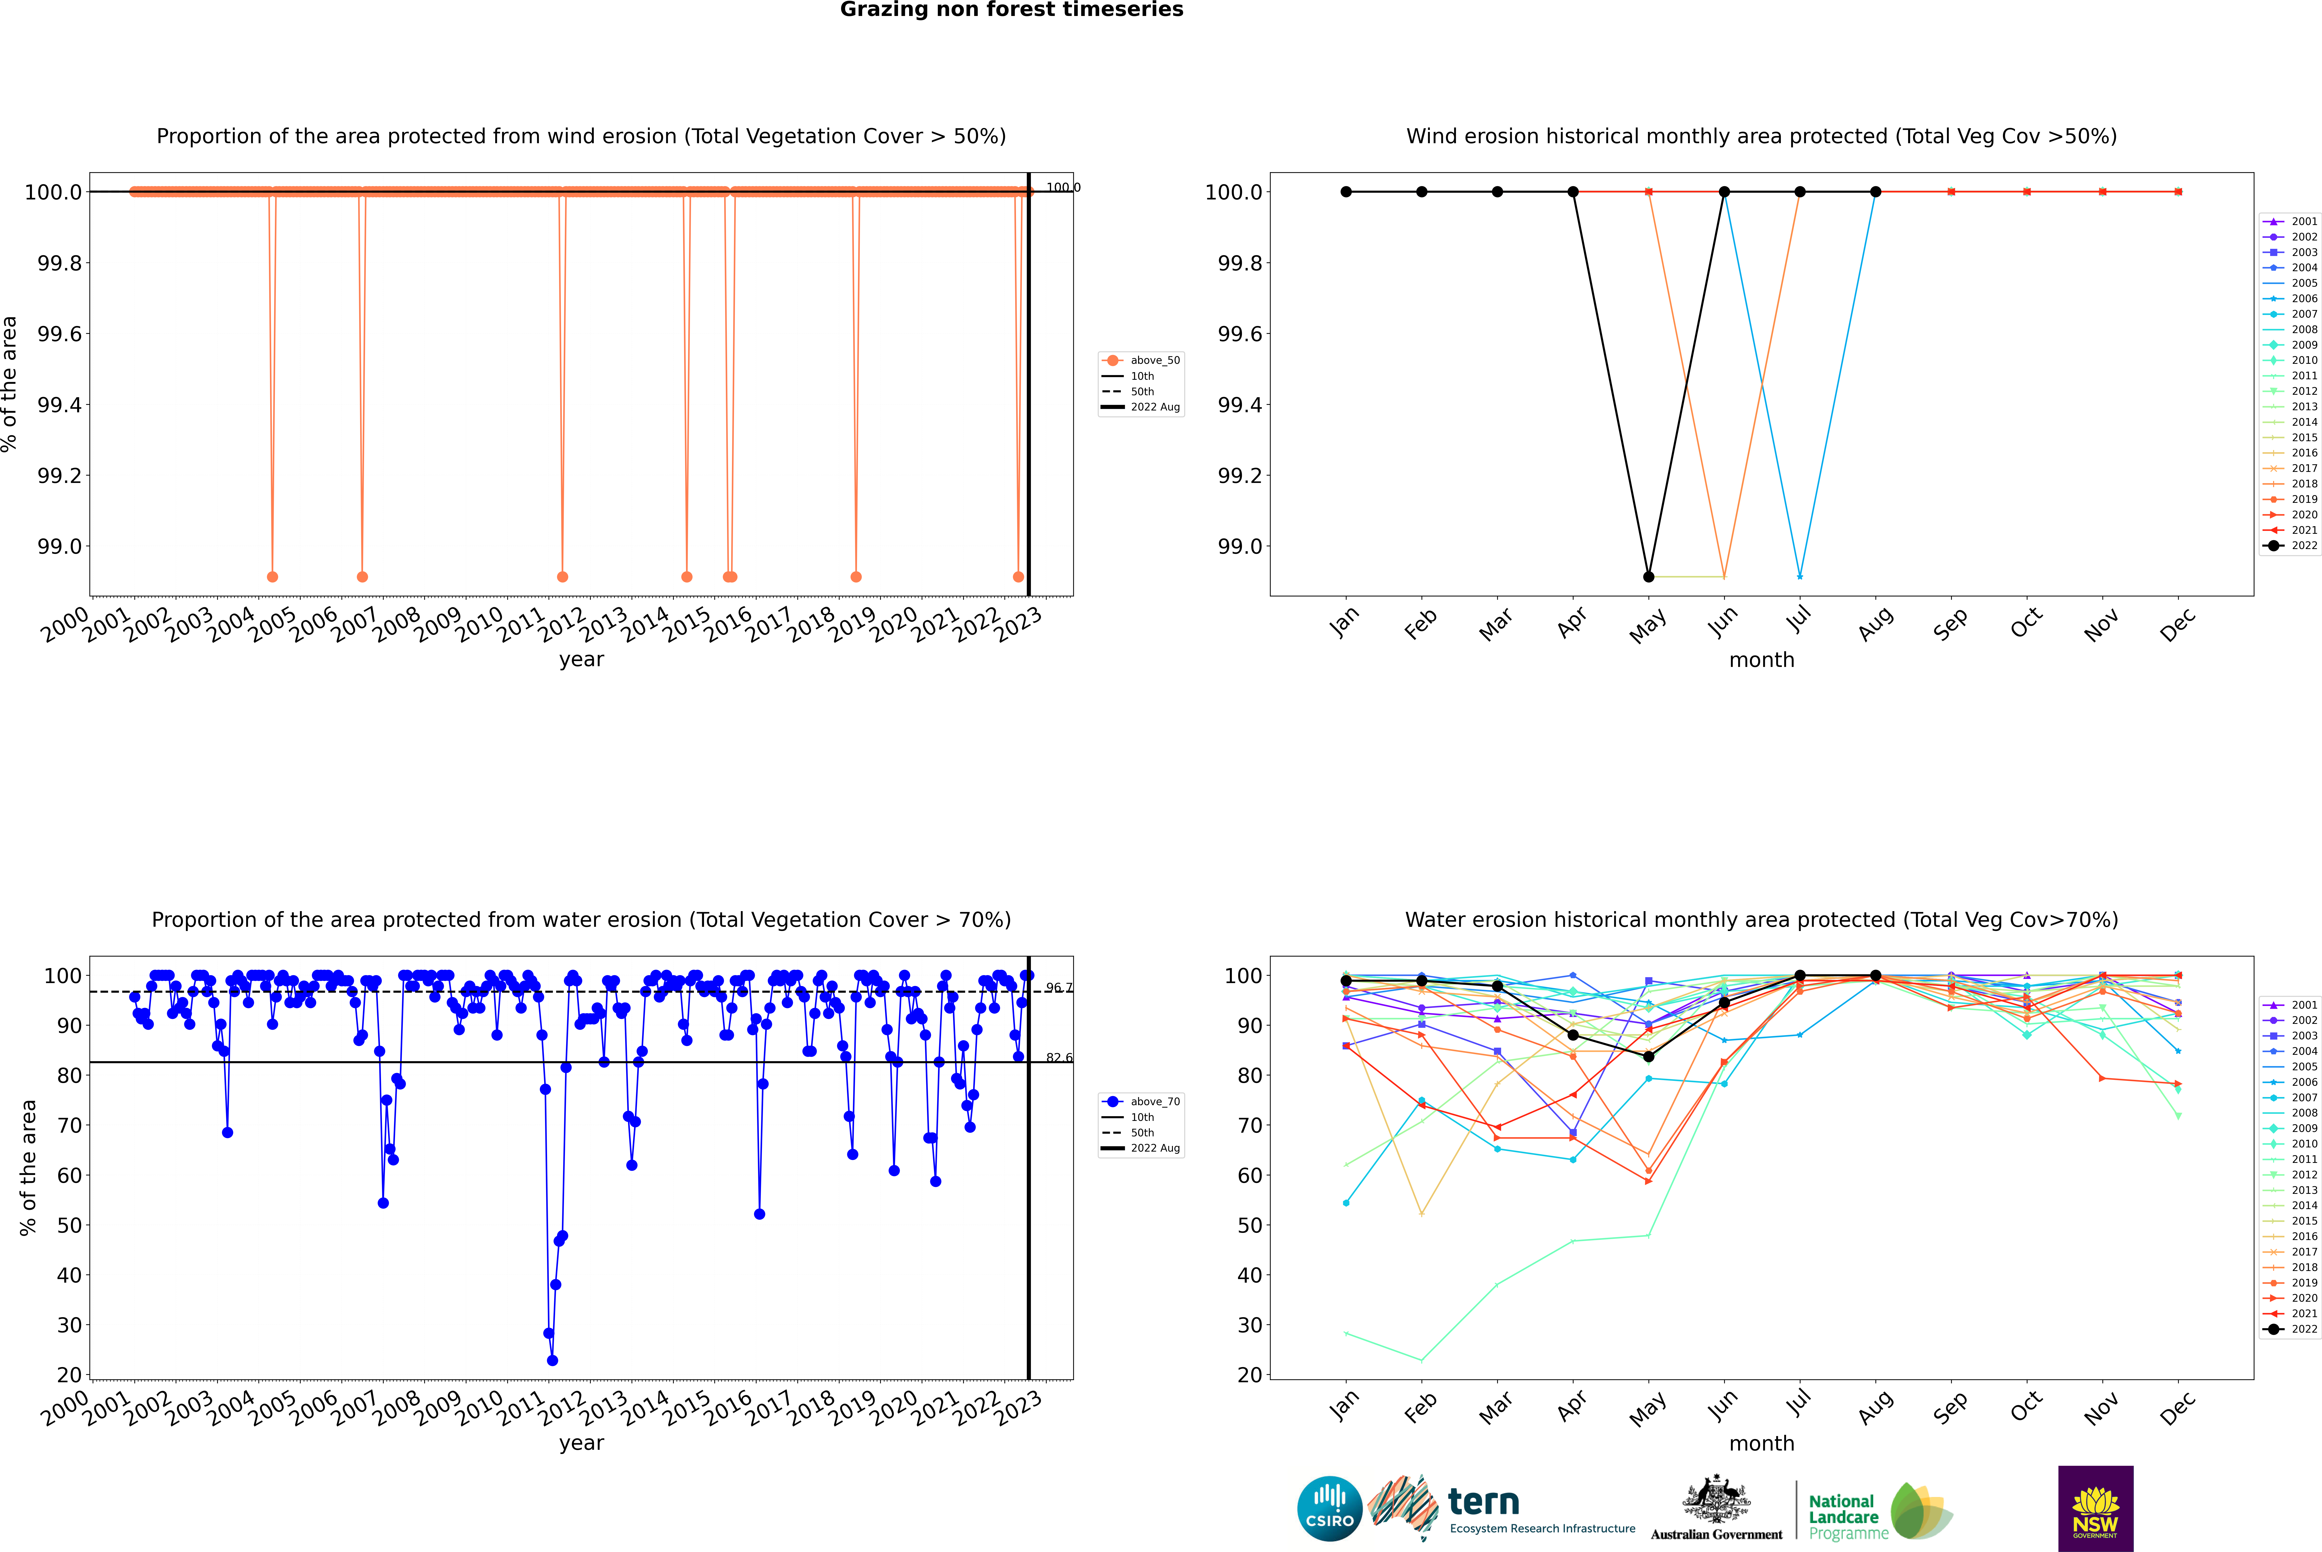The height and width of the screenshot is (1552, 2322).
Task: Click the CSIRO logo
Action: (x=1329, y=1509)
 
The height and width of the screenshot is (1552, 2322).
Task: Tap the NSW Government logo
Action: (x=2095, y=1509)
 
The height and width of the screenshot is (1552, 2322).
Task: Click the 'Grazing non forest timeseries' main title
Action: (x=1012, y=10)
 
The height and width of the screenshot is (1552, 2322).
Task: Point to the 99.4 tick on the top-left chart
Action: (x=59, y=405)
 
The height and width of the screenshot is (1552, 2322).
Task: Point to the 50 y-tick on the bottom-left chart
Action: (x=69, y=1225)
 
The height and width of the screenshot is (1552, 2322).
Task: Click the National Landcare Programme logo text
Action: (x=1843, y=1517)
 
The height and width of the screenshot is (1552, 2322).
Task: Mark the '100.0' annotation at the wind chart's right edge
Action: (x=1063, y=187)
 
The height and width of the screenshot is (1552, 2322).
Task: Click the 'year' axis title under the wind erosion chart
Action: (x=581, y=659)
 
